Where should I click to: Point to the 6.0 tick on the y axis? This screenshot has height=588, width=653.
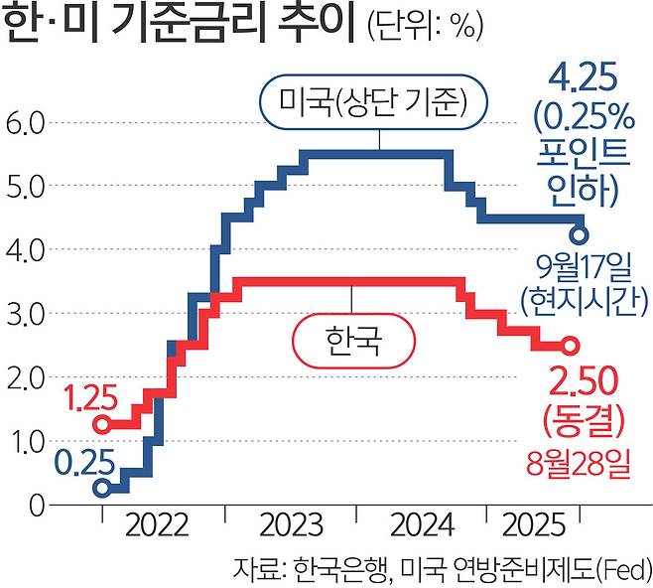[x=23, y=123]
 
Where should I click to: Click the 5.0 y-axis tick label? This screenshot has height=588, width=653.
[x=23, y=187]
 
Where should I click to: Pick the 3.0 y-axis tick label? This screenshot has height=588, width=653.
[x=23, y=314]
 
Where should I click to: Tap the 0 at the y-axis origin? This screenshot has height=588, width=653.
[x=38, y=505]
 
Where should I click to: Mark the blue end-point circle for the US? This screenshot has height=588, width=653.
[x=580, y=235]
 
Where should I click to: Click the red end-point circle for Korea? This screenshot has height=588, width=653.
[x=570, y=346]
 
